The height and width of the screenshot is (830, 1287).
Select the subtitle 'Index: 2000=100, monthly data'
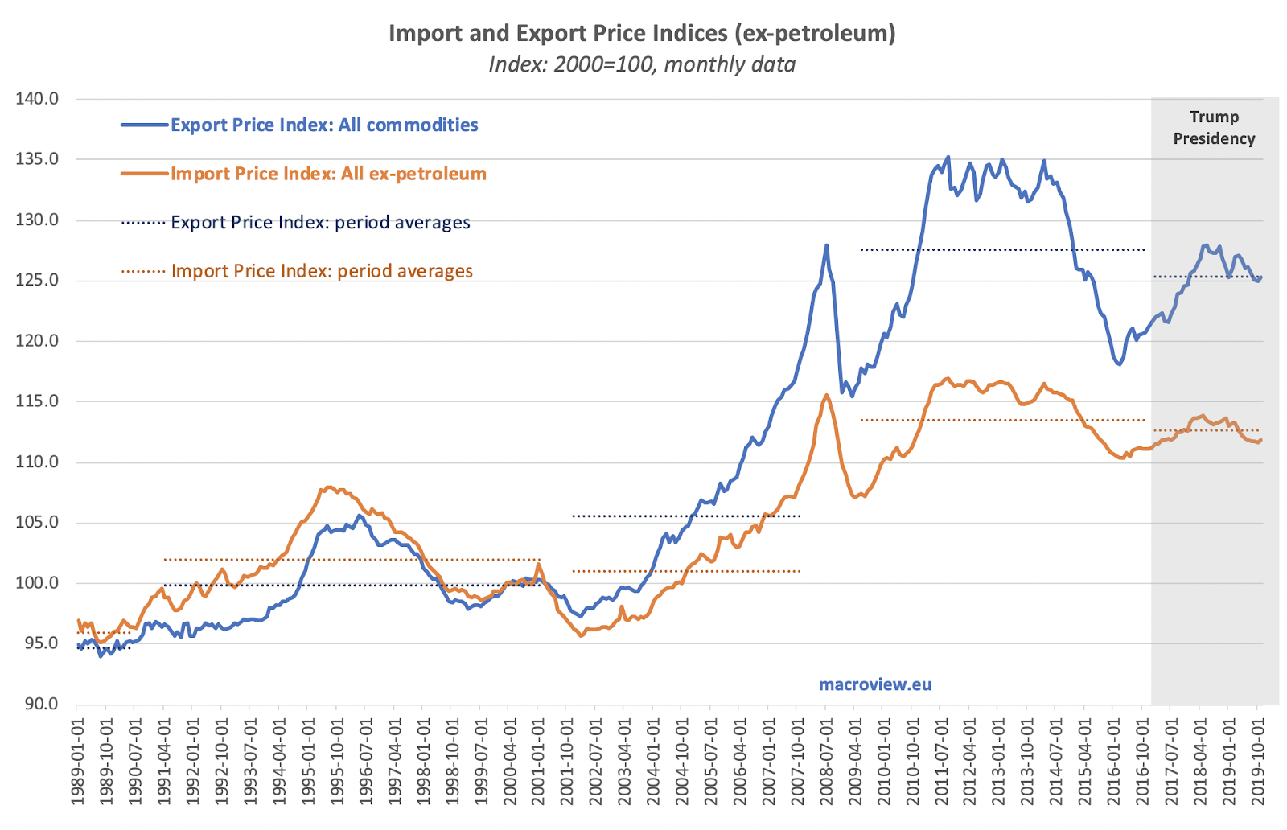pyautogui.click(x=641, y=64)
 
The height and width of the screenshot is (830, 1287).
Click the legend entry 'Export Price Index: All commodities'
pyautogui.click(x=324, y=125)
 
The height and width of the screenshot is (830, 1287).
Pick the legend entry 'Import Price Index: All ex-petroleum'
pyautogui.click(x=328, y=174)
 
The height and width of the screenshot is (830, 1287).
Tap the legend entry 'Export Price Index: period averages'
pyautogui.click(x=320, y=223)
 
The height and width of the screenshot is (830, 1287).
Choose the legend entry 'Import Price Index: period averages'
pyautogui.click(x=322, y=271)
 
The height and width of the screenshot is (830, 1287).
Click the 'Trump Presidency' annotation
pyautogui.click(x=1214, y=128)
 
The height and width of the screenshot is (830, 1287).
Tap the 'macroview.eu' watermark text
pyautogui.click(x=875, y=684)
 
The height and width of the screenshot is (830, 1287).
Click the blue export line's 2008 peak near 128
pyautogui.click(x=826, y=245)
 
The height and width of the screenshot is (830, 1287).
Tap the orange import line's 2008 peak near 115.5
pyautogui.click(x=826, y=395)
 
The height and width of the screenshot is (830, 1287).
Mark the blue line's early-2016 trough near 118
pyautogui.click(x=1119, y=364)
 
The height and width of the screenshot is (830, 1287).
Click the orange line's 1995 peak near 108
pyautogui.click(x=327, y=487)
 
